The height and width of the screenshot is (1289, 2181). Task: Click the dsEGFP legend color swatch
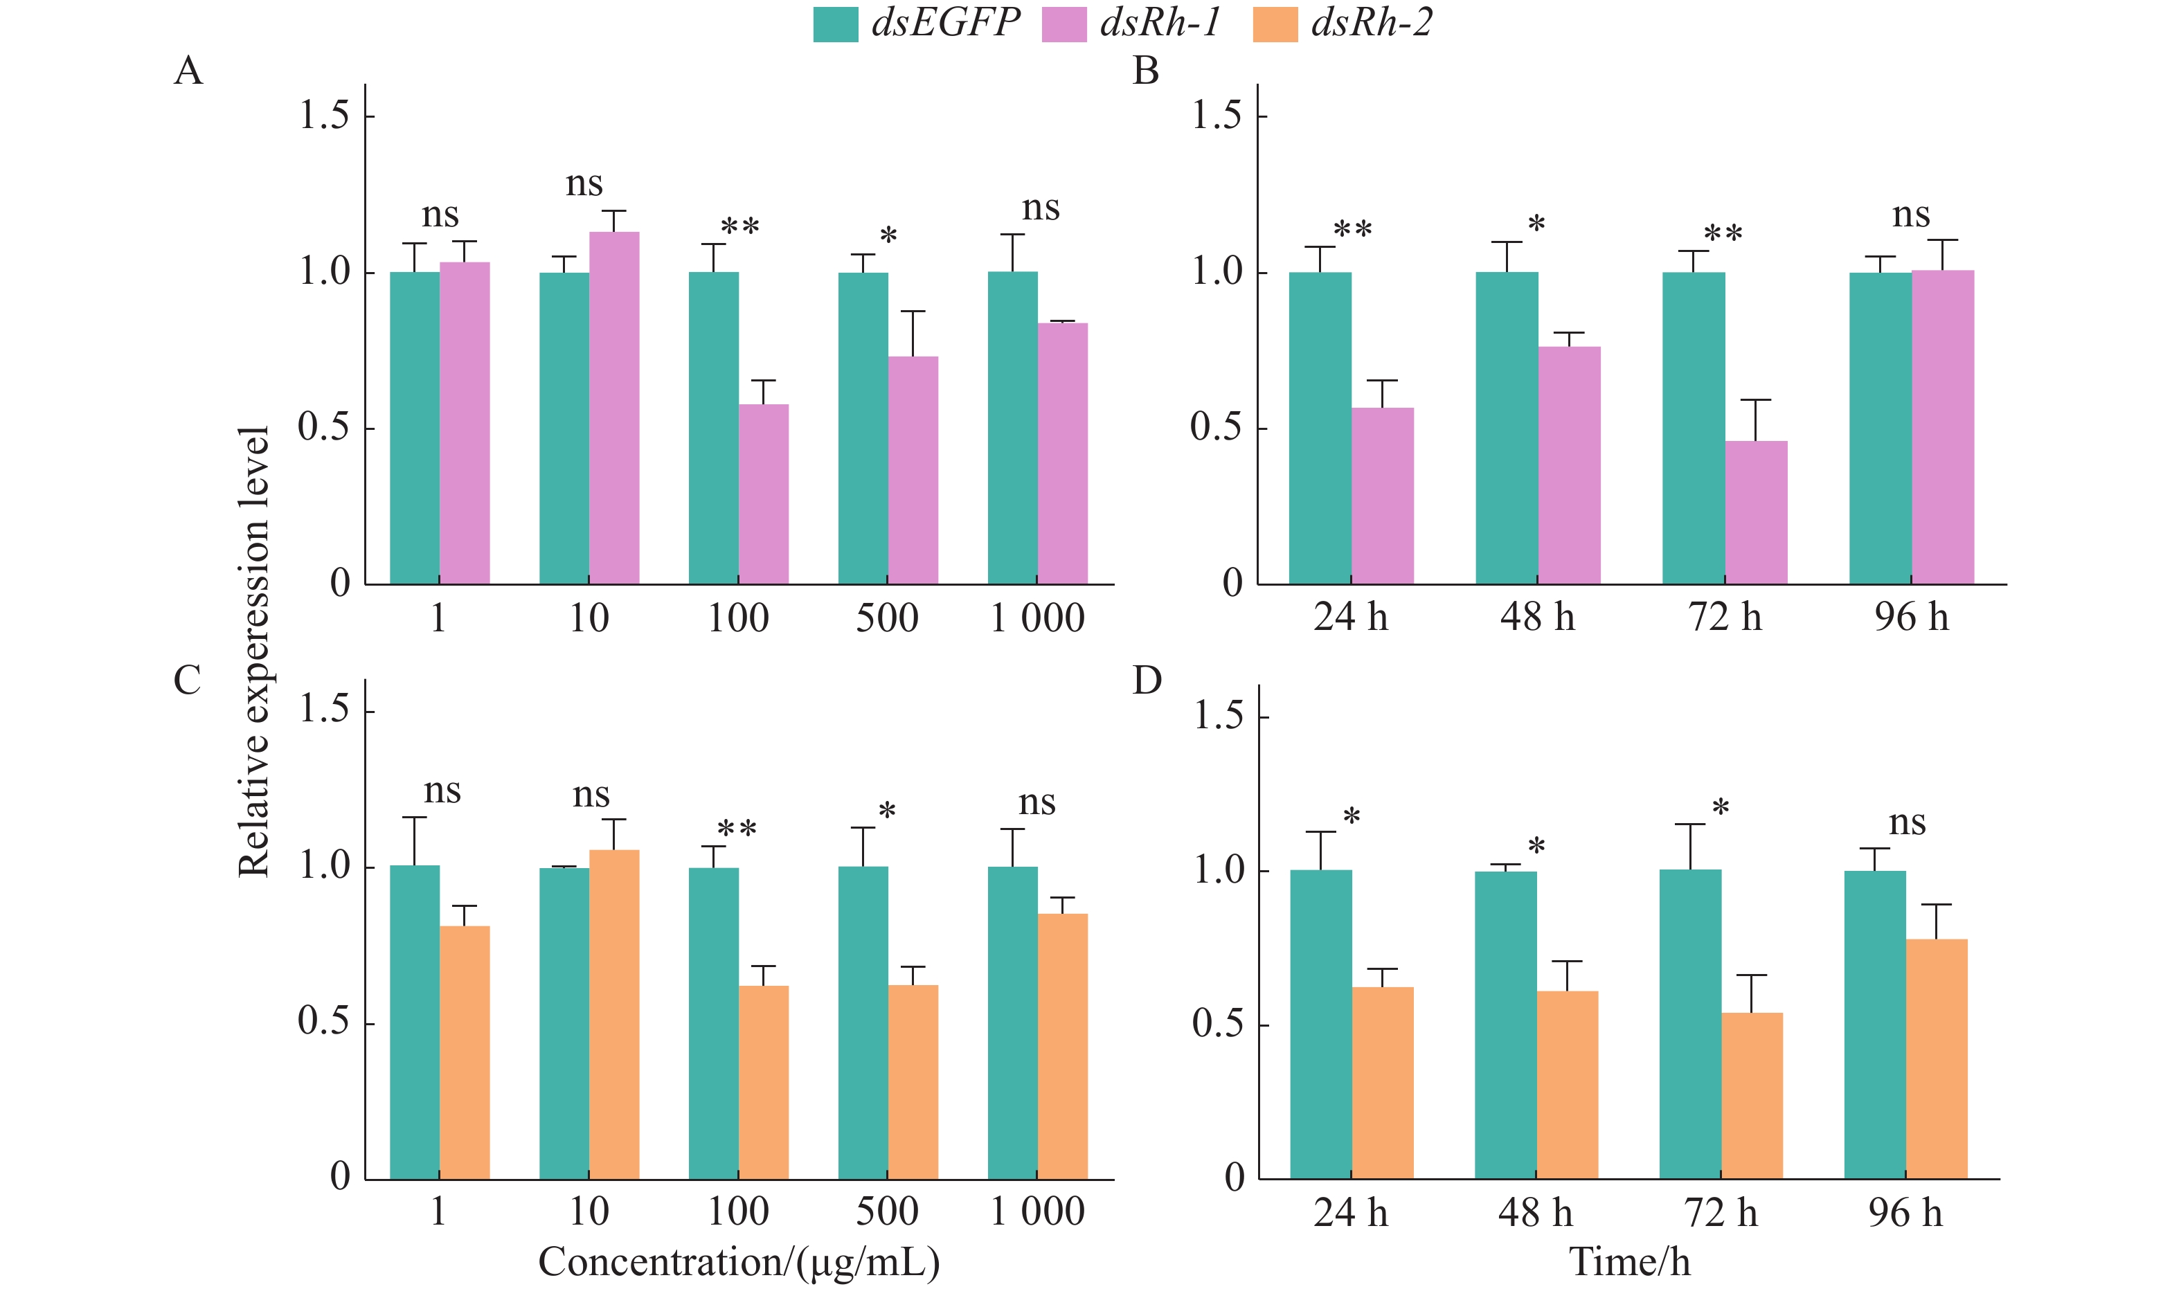pos(835,24)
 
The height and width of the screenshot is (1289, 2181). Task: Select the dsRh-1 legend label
pos(1160,23)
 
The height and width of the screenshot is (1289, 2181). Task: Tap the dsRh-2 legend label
pos(1372,23)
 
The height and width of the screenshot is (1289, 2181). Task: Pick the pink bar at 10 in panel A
pos(614,408)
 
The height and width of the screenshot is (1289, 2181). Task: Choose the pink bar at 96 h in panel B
pos(1942,427)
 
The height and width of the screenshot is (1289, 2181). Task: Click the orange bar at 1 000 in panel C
pos(1062,1046)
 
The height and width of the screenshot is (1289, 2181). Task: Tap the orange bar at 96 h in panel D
pos(1936,1059)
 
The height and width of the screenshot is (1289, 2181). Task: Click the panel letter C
pos(187,680)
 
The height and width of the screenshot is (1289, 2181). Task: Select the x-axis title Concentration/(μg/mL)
pos(738,1262)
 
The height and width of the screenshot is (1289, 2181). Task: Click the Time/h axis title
pos(1629,1262)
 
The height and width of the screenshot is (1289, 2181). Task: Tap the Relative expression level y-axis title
pos(253,651)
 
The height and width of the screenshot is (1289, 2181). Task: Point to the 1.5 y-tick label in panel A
pos(324,116)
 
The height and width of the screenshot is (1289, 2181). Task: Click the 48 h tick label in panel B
pos(1536,618)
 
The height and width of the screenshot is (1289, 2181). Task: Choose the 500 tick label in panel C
pos(887,1211)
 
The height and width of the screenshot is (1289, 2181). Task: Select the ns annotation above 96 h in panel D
pos(1908,822)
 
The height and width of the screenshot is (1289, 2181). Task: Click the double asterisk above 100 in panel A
pos(739,228)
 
